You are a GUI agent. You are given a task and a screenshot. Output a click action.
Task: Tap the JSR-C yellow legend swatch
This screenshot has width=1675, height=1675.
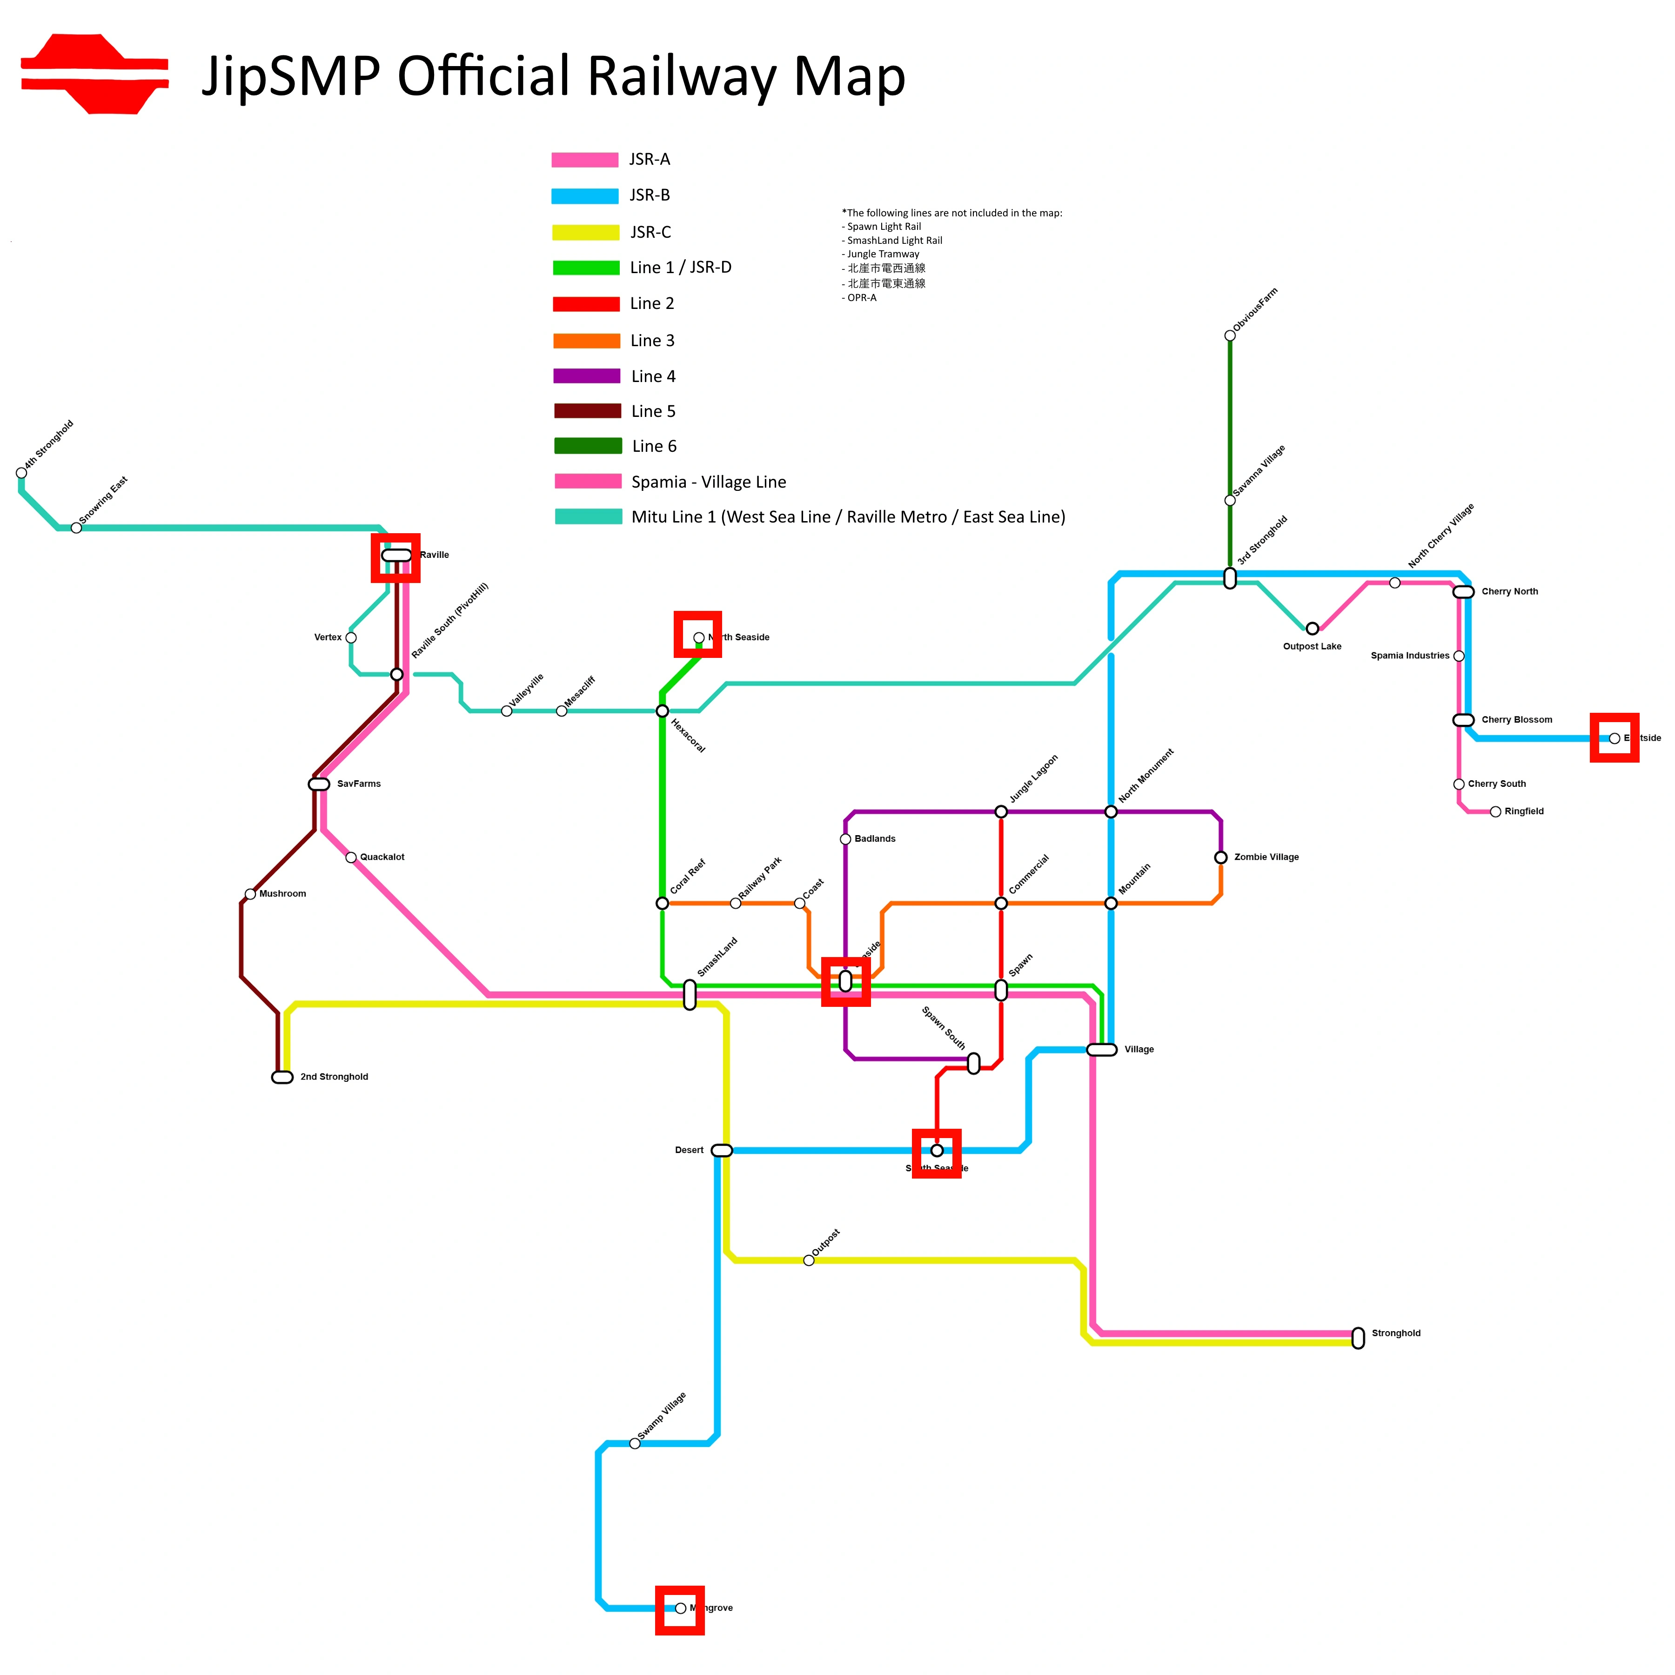pyautogui.click(x=586, y=232)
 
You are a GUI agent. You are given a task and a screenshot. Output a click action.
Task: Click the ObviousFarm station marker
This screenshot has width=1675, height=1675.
pyautogui.click(x=1229, y=335)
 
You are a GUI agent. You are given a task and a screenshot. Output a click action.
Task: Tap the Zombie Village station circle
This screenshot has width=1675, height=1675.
pyautogui.click(x=1221, y=858)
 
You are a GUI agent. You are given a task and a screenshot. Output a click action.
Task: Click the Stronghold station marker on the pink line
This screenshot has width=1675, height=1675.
pyautogui.click(x=1358, y=1338)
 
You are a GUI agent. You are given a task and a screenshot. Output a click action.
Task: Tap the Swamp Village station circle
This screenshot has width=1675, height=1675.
pyautogui.click(x=635, y=1443)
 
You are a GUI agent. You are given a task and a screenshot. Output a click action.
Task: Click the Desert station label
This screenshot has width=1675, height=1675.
pyautogui.click(x=689, y=1151)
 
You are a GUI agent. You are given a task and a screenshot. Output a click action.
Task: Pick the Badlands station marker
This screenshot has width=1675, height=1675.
pyautogui.click(x=845, y=839)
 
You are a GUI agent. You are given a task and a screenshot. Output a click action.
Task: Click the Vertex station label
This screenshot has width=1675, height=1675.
pyautogui.click(x=328, y=638)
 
